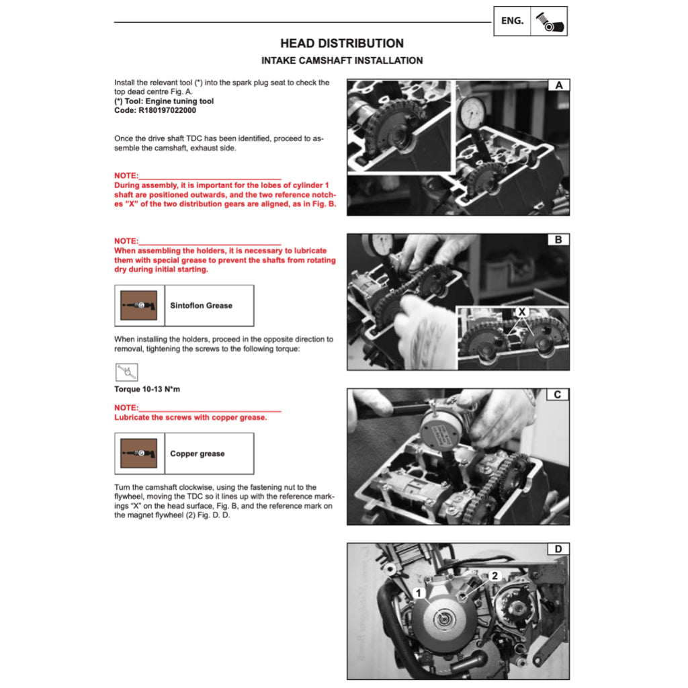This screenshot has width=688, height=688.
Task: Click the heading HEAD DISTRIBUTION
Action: [342, 44]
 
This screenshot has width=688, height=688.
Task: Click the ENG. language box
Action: [512, 21]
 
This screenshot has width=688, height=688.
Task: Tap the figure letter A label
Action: [558, 85]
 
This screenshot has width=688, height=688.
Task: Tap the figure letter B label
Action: [558, 240]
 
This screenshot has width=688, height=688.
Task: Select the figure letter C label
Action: [558, 394]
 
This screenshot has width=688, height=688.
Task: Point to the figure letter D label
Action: [558, 550]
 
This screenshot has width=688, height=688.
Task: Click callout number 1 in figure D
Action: [418, 593]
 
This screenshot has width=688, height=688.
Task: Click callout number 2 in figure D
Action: [495, 576]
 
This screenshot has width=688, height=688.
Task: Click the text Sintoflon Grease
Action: [201, 305]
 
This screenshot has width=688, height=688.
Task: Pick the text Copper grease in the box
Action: [197, 454]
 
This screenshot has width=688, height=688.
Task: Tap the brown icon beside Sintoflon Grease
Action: [138, 305]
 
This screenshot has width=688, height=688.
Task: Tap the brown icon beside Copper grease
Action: [138, 454]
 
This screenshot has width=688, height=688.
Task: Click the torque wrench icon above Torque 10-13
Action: [126, 372]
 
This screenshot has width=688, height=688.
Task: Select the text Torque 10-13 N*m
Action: [147, 390]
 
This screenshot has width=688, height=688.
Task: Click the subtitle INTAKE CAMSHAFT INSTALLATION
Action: [342, 60]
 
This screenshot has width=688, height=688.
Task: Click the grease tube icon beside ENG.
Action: [549, 21]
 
